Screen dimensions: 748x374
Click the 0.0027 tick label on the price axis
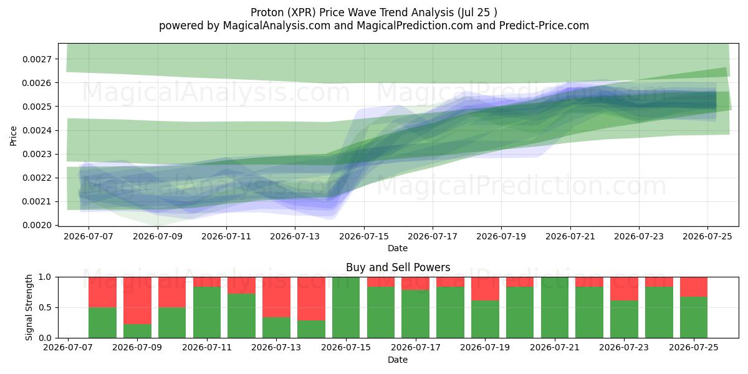point(37,59)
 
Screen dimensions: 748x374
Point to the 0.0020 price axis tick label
point(37,226)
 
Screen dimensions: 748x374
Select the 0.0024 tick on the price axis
point(37,130)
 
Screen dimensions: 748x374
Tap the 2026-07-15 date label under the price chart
point(364,236)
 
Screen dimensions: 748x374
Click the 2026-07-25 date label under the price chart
point(707,236)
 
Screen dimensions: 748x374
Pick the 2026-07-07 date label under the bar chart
point(68,347)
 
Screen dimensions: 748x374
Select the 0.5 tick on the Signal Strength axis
point(46,307)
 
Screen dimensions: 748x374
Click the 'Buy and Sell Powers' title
point(398,267)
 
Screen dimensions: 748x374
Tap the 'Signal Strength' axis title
point(29,307)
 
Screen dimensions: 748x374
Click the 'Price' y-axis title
point(13,137)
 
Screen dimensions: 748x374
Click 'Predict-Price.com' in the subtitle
point(544,26)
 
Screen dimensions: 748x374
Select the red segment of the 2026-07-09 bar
point(137,300)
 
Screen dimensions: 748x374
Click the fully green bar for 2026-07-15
point(346,307)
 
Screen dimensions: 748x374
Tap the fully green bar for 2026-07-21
point(555,307)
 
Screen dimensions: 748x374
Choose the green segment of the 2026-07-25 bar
point(694,317)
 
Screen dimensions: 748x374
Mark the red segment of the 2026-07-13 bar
point(277,297)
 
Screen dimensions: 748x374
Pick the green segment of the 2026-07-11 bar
point(207,312)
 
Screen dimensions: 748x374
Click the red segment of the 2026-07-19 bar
point(485,289)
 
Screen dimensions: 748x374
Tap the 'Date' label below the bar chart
point(398,360)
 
